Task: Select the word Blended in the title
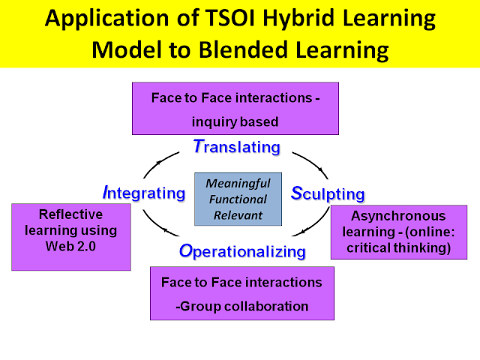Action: tap(243, 49)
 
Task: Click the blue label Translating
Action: tap(237, 147)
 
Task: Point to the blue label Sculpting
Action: tap(328, 193)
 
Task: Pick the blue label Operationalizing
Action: tap(242, 252)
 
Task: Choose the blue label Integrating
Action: tap(144, 193)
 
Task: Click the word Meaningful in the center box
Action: tap(238, 184)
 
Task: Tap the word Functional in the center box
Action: tap(238, 199)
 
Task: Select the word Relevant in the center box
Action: tap(238, 215)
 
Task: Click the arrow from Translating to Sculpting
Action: tap(312, 163)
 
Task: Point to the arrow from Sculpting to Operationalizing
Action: tap(313, 224)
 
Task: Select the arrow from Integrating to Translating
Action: tap(159, 163)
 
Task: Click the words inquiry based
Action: tap(235, 122)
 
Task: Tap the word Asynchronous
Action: tap(398, 216)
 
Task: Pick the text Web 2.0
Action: tap(70, 246)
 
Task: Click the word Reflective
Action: tap(70, 214)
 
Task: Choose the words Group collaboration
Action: tap(244, 307)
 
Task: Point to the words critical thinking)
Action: tap(398, 248)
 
